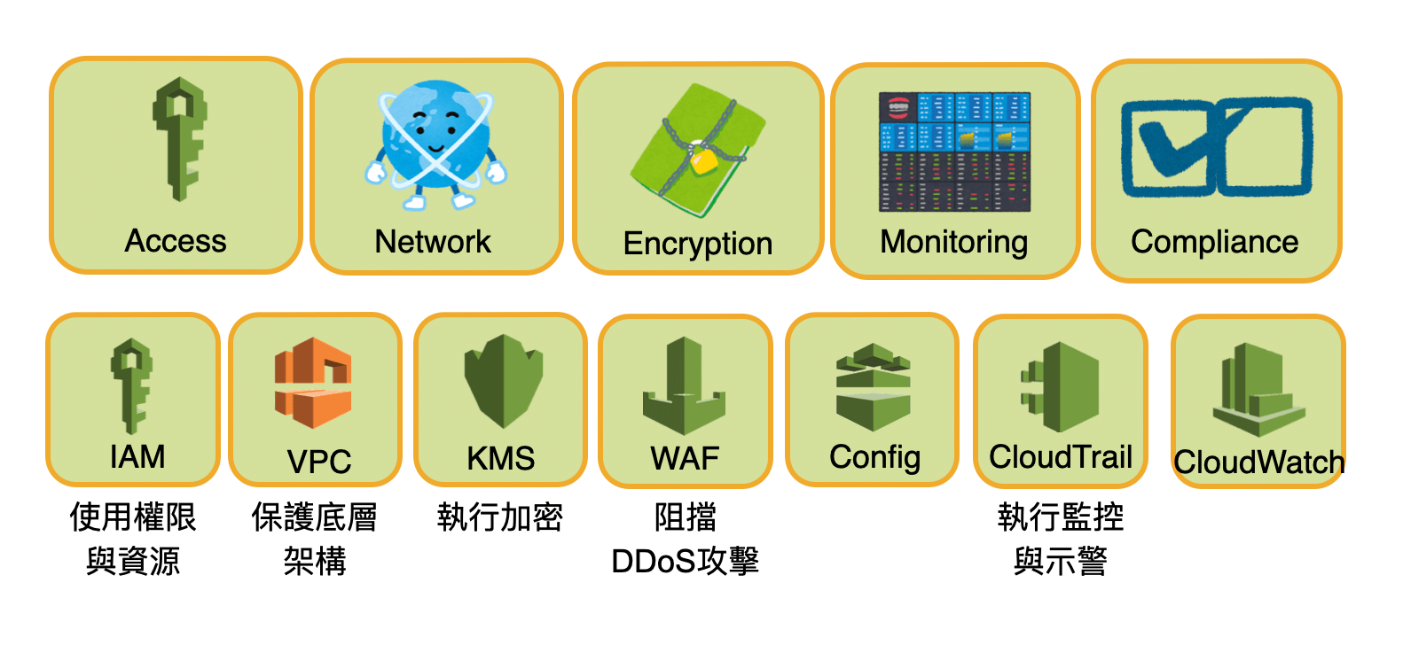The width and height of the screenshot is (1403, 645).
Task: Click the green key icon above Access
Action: point(180,137)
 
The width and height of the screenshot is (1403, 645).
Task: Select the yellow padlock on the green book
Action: point(703,160)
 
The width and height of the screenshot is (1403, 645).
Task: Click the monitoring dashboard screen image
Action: point(954,152)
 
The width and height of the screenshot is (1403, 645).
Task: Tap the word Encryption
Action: point(698,244)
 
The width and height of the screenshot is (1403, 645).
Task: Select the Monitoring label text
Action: point(954,242)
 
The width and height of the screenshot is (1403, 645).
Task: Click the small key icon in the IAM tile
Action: point(132,385)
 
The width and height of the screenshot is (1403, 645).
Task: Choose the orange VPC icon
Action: point(313,382)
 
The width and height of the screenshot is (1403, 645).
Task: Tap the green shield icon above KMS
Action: point(503,379)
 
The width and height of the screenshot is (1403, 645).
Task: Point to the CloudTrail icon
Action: point(1061,388)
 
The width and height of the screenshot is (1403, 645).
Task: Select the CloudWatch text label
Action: point(1259,462)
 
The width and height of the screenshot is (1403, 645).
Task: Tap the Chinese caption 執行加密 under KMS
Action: point(500,517)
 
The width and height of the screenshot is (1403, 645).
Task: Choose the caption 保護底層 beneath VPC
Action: point(314,517)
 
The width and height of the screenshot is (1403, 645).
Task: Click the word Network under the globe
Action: point(433,242)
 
